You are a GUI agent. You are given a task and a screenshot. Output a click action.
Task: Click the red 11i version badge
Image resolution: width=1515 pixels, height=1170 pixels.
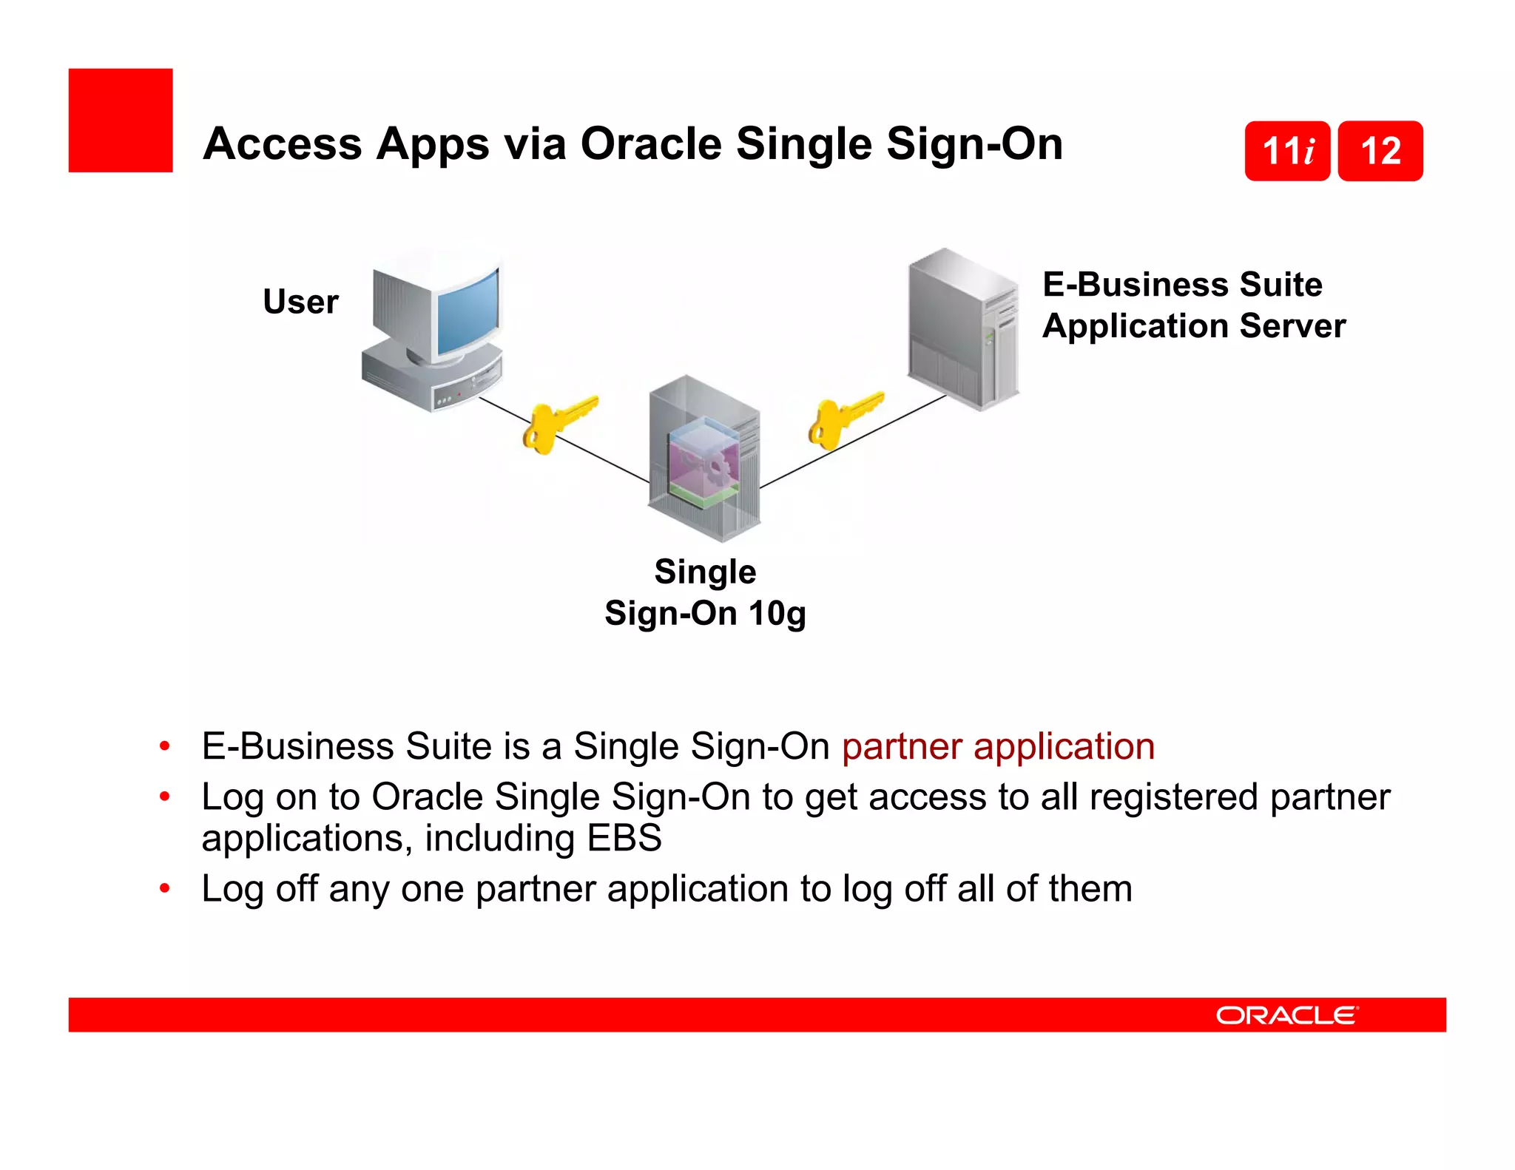point(1287,151)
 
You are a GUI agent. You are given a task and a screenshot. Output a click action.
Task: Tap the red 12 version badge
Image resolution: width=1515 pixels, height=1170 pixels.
point(1380,151)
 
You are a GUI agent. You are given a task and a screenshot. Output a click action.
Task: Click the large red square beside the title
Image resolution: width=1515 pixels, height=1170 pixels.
point(121,121)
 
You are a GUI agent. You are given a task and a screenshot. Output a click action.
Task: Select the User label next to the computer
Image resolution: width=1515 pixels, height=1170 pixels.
point(300,302)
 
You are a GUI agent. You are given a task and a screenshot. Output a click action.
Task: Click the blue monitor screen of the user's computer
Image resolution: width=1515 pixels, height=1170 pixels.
point(468,311)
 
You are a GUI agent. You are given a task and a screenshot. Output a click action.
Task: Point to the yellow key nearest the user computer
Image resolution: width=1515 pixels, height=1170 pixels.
point(556,425)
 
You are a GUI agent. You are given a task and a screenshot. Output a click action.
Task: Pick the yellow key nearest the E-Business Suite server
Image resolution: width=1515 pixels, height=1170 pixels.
point(843,419)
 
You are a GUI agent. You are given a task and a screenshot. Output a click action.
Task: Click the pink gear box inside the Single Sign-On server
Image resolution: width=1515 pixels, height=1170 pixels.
point(703,462)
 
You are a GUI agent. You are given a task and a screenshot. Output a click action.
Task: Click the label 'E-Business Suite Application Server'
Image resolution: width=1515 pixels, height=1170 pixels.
point(1192,305)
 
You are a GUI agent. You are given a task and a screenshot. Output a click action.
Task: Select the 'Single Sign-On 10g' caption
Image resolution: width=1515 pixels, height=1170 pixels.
point(705,592)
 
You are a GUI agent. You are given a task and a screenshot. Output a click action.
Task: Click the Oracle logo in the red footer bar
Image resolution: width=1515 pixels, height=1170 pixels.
point(1286,1015)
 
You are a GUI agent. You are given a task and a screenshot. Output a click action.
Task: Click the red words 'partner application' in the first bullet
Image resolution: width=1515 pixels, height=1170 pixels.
point(998,745)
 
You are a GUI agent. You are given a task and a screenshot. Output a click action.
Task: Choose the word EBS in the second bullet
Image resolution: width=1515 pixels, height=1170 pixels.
point(624,838)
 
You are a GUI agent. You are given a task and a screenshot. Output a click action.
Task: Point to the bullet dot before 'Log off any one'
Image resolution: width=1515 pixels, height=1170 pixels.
point(165,887)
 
